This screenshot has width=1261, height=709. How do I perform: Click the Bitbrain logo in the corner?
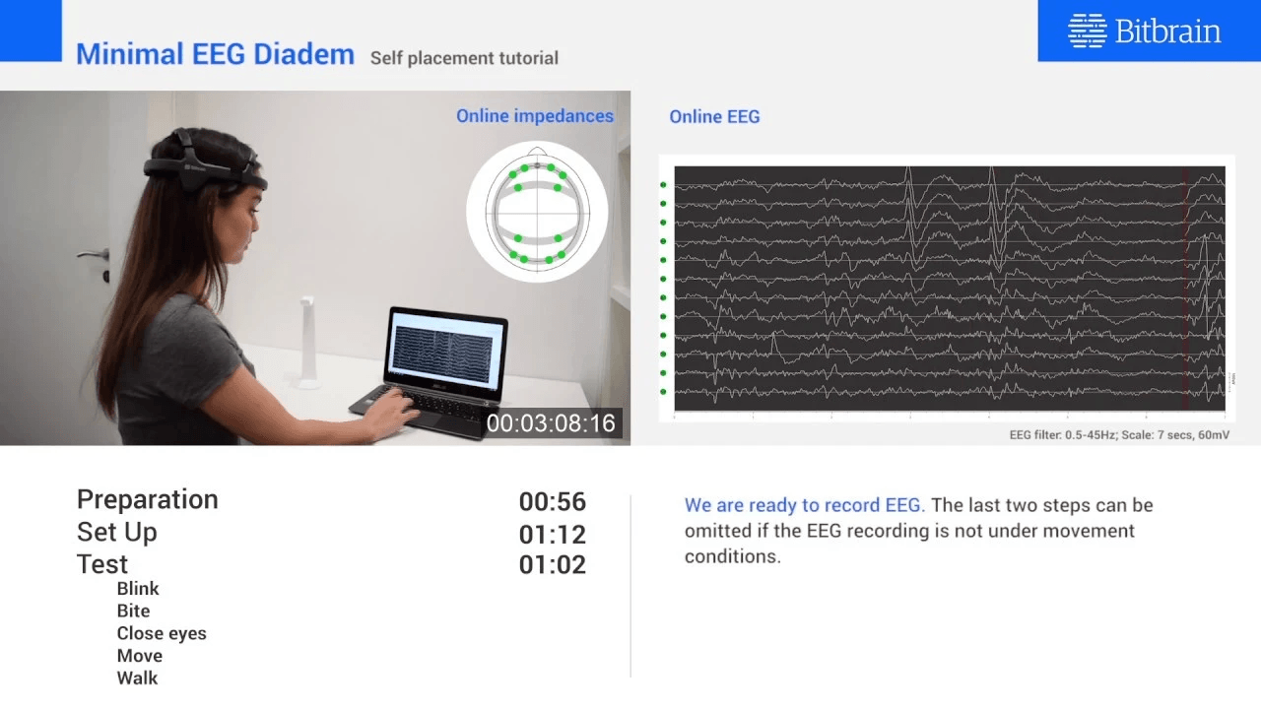1145,31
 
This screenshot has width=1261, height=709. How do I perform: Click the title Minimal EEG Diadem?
215,54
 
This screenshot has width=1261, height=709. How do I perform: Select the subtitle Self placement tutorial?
464,58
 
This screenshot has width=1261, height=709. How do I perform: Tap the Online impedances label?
534,116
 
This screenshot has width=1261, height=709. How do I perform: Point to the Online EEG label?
714,116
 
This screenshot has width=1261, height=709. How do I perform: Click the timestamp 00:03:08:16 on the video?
551,423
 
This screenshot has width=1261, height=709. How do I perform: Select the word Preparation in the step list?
147,499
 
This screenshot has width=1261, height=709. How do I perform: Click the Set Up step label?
116,532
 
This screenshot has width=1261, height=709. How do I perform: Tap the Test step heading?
102,564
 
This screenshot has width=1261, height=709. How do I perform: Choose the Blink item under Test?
138,589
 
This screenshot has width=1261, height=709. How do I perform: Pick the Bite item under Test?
133,611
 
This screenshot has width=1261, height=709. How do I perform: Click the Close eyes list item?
162,633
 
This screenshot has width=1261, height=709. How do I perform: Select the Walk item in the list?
137,677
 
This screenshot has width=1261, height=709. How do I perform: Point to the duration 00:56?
552,501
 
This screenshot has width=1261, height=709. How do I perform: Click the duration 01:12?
552,535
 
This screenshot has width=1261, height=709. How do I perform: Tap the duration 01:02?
552,564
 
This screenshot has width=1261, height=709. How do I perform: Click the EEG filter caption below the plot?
1119,434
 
